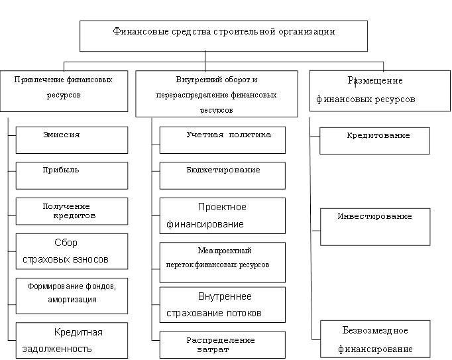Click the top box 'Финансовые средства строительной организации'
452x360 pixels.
click(223, 36)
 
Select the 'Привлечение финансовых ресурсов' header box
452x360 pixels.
click(64, 91)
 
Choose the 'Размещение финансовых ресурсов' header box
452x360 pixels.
click(376, 91)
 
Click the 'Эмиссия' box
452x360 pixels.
click(72, 140)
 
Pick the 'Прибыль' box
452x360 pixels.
click(72, 175)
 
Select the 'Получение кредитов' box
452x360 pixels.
click(72, 211)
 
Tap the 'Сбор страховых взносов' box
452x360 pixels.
click(72, 250)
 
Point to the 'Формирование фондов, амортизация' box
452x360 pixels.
click(72, 294)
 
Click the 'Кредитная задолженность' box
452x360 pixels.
click(72, 339)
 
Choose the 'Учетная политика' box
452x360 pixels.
click(223, 139)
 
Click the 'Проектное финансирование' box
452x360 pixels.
click(223, 215)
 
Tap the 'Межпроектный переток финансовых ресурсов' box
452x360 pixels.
click(223, 258)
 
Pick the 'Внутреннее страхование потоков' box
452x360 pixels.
click(223, 304)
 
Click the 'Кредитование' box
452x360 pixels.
click(374, 141)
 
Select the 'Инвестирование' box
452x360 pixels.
click(374, 225)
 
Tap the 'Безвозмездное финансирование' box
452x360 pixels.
click(374, 339)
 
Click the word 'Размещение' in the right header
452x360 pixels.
click(375, 81)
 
